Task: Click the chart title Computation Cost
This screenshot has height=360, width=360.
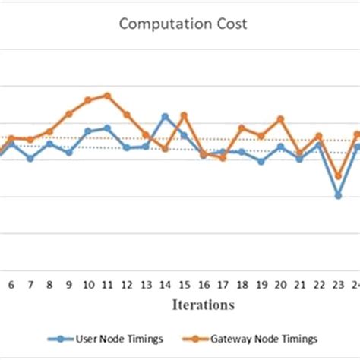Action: [x=182, y=24]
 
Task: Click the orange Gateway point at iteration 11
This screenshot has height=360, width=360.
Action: [x=107, y=96]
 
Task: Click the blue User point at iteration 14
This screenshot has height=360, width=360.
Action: [x=165, y=116]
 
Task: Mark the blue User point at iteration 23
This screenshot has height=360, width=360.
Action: [x=338, y=195]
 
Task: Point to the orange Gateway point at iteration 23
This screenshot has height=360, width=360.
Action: [x=338, y=176]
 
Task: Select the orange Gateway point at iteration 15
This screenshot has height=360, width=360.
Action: [x=184, y=115]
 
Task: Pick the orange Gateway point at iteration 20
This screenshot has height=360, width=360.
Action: [x=280, y=118]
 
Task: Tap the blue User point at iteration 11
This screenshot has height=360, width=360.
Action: [x=107, y=128]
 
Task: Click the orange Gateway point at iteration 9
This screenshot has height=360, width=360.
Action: [x=68, y=114]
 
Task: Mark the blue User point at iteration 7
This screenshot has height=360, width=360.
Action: [x=30, y=159]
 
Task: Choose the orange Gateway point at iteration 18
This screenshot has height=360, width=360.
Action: [x=242, y=128]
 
